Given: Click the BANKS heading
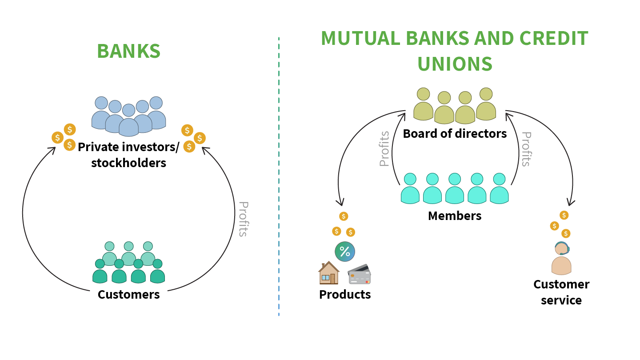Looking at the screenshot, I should pyautogui.click(x=128, y=51).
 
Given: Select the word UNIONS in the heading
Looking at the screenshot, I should pyautogui.click(x=455, y=64).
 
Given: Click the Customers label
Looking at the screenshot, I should pyautogui.click(x=128, y=294).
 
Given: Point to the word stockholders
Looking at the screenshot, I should pyautogui.click(x=128, y=163).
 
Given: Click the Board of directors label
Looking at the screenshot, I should pyautogui.click(x=455, y=133).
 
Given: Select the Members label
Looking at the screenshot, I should pyautogui.click(x=455, y=216).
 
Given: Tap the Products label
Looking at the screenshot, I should pyautogui.click(x=345, y=294).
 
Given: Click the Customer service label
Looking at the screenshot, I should pyautogui.click(x=561, y=292).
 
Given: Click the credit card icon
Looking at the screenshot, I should pyautogui.click(x=360, y=275).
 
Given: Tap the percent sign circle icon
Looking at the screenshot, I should pyautogui.click(x=345, y=252).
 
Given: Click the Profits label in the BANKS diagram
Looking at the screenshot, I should pyautogui.click(x=243, y=219).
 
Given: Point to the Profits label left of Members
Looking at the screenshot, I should pyautogui.click(x=384, y=149).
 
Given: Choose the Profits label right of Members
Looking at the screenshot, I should pyautogui.click(x=526, y=149).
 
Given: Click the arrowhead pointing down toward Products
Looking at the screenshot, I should pyautogui.click(x=341, y=203).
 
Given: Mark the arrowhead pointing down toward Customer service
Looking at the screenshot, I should pyautogui.click(x=570, y=203).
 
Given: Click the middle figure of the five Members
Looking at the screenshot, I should pyautogui.click(x=455, y=189).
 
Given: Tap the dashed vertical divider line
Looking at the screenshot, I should pyautogui.click(x=279, y=178).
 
